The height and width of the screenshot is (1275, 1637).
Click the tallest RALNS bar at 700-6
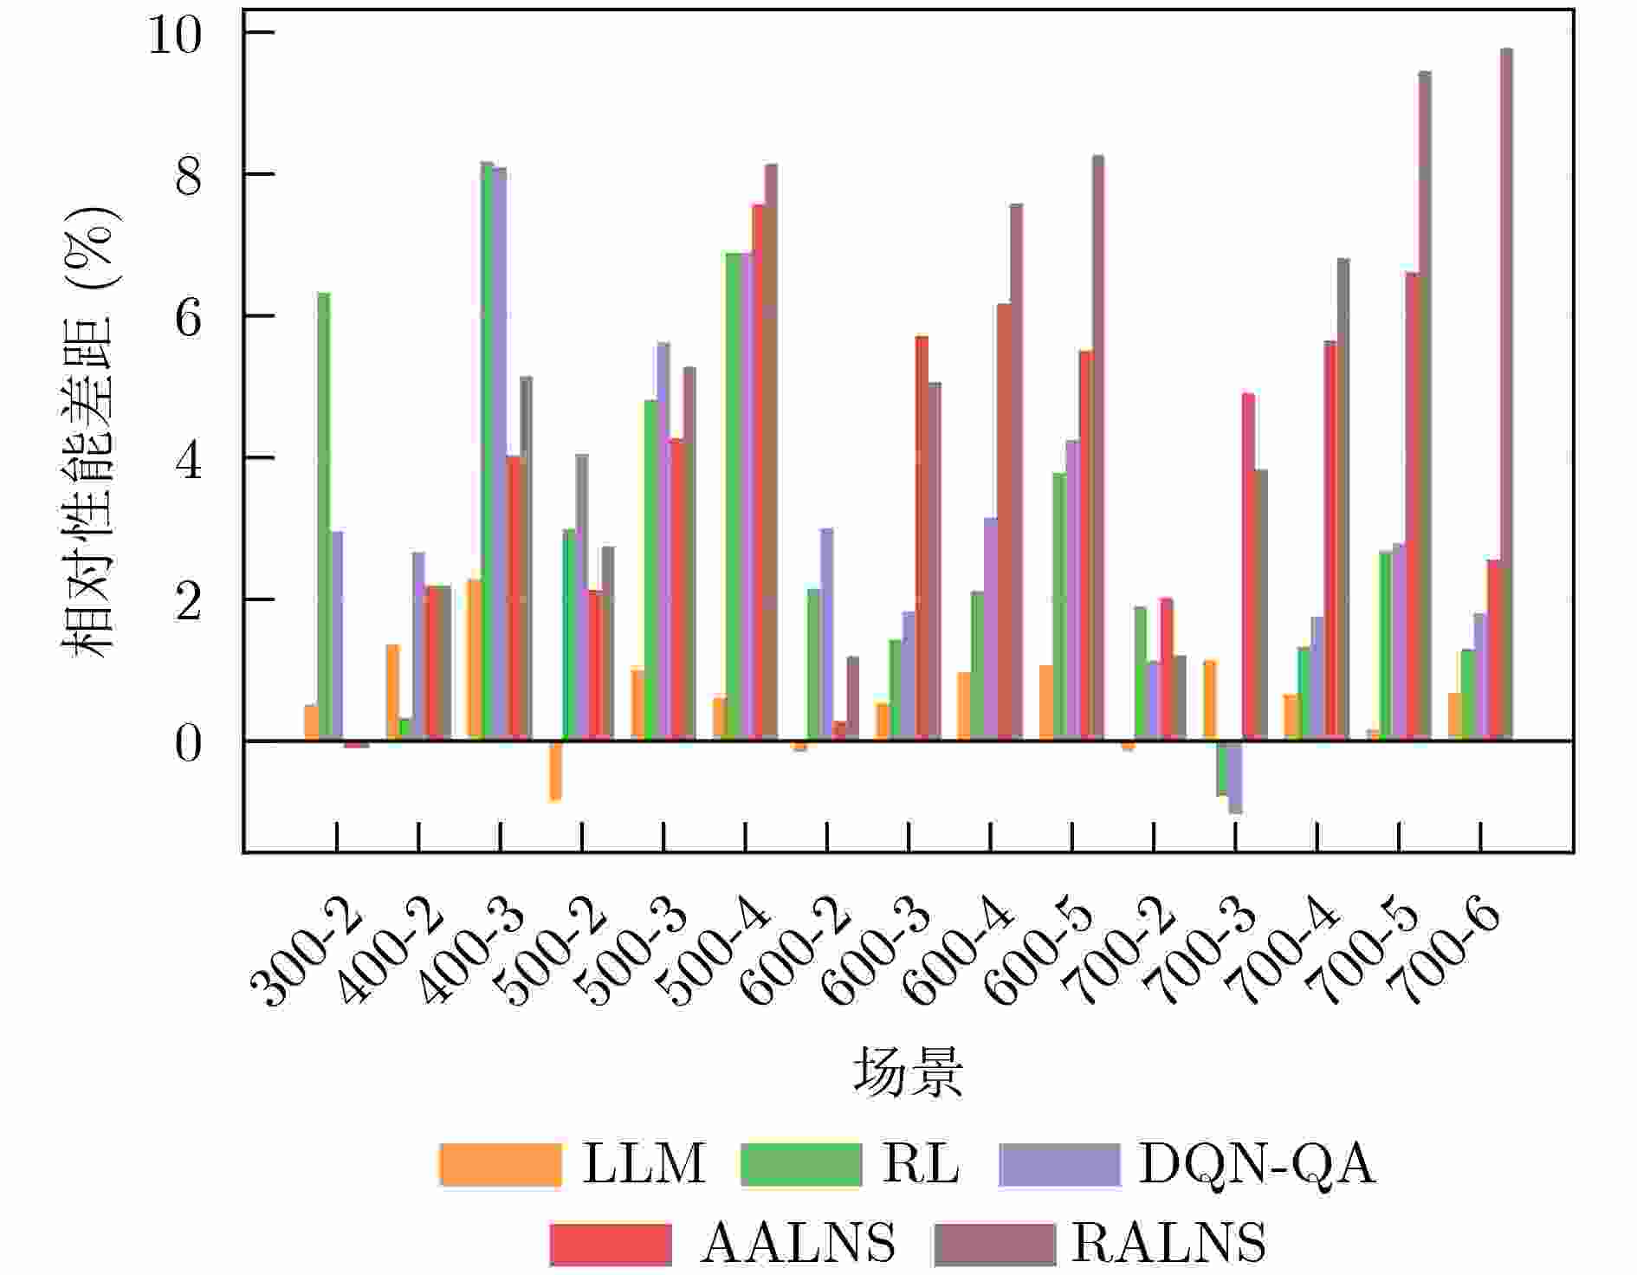(1506, 390)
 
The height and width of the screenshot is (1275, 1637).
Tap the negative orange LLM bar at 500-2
(555, 771)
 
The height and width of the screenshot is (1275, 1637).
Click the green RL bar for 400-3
(487, 450)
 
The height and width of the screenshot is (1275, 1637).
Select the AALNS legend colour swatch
(611, 1244)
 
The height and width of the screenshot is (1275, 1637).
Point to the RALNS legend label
(1168, 1244)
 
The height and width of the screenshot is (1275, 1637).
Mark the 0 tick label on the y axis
(188, 743)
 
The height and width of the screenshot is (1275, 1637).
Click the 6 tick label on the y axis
(188, 318)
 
